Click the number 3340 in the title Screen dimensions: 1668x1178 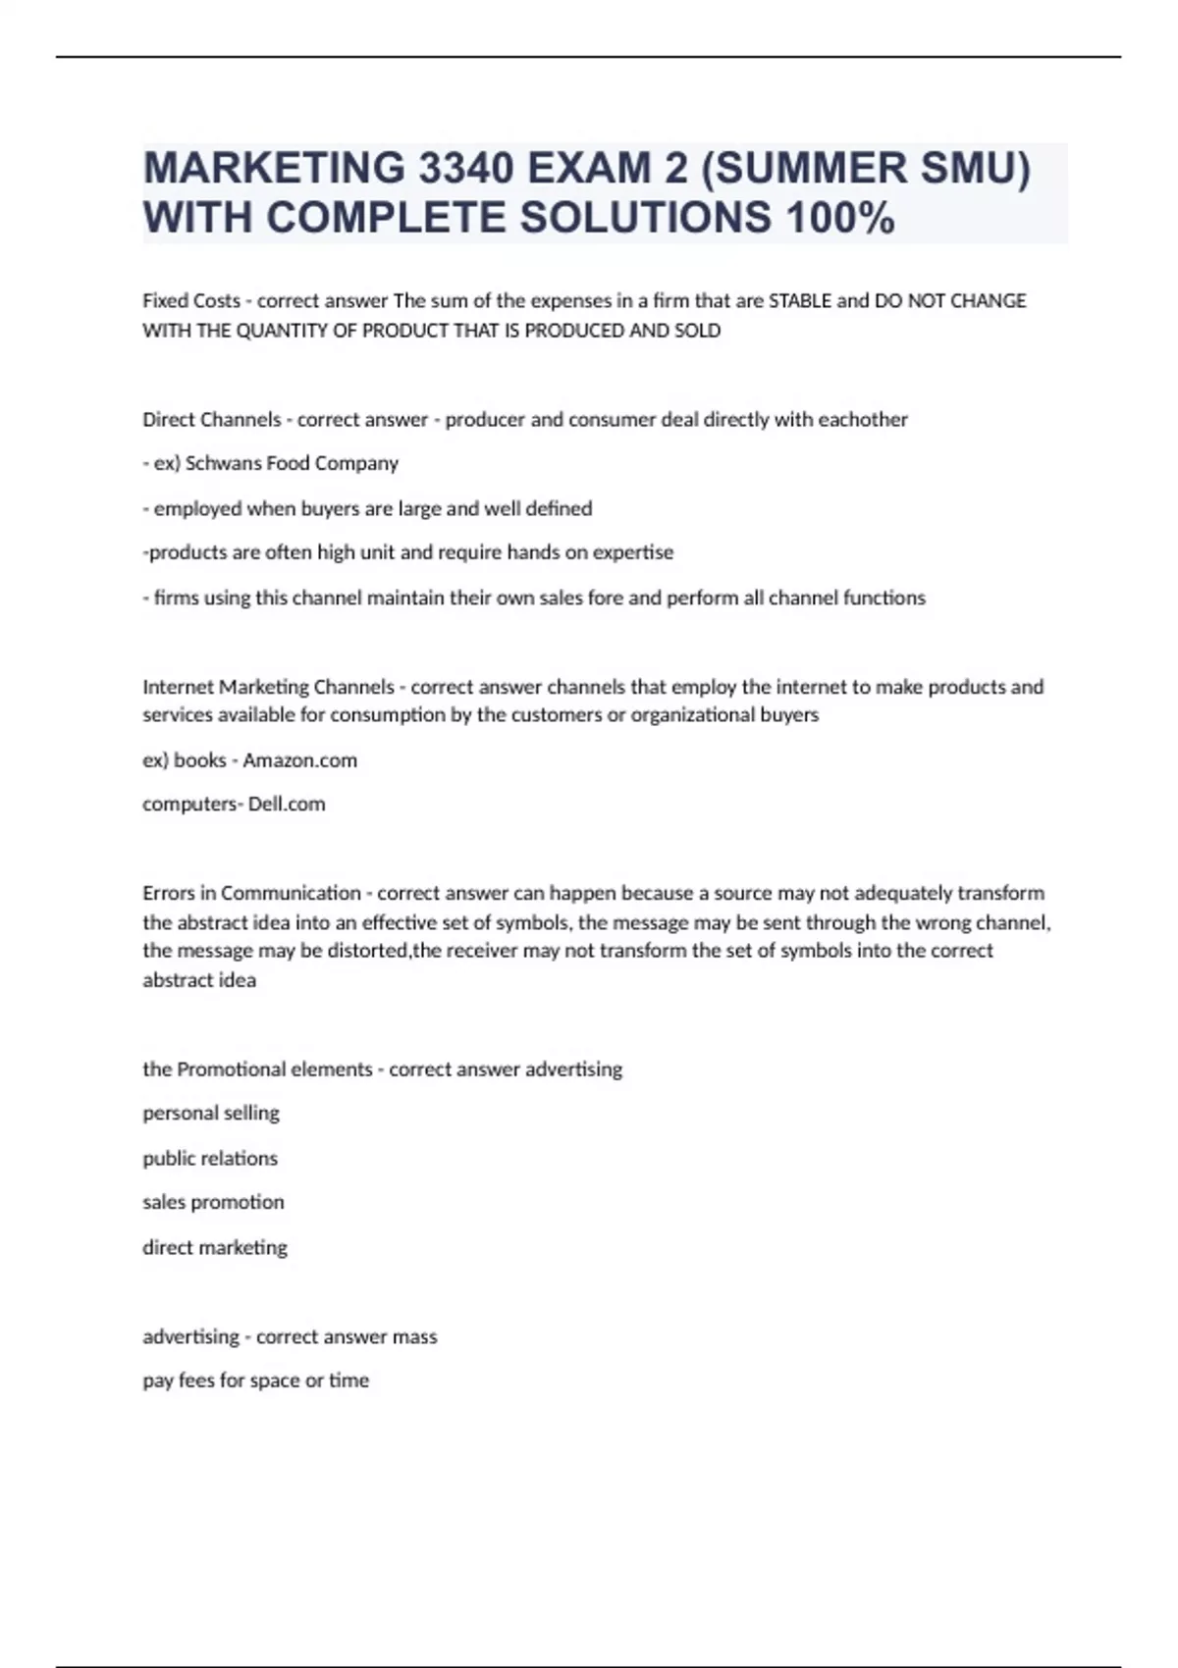coord(466,169)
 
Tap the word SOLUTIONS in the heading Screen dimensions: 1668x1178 coord(646,218)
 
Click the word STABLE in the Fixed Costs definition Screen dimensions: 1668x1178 coord(799,301)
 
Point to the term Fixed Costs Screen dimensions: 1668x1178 coord(191,301)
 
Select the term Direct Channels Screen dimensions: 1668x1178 coord(212,420)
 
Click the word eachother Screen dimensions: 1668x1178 coord(863,420)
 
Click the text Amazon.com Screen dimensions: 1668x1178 coord(300,760)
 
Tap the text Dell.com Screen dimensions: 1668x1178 coord(287,805)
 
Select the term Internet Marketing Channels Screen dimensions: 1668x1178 coord(268,687)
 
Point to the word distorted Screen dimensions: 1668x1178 coord(371,951)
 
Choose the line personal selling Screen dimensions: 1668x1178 coord(211,1114)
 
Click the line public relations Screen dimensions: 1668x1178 coord(210,1159)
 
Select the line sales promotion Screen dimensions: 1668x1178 coord(213,1203)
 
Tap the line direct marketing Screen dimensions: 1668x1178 coord(215,1248)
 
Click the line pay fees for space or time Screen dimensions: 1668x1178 coord(256,1381)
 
